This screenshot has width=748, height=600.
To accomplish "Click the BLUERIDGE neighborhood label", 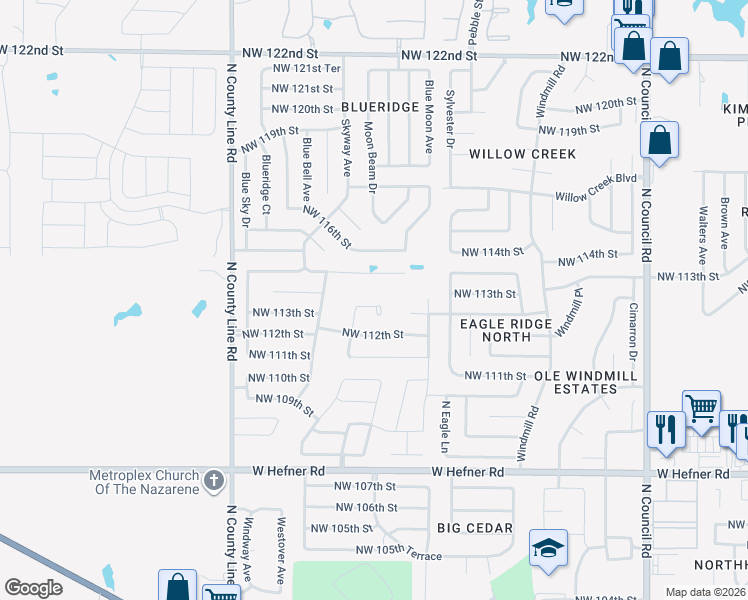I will click(378, 106).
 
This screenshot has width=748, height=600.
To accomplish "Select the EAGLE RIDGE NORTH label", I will click(506, 331).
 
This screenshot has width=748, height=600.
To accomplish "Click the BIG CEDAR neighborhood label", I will click(475, 527).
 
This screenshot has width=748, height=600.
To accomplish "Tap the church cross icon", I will click(212, 482).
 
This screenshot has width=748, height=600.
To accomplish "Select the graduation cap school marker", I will click(548, 548).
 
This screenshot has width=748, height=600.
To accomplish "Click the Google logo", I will click(33, 587).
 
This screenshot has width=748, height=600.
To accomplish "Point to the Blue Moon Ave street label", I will click(428, 116).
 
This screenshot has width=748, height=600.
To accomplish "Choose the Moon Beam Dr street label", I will click(369, 156).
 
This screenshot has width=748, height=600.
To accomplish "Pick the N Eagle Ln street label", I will click(446, 425).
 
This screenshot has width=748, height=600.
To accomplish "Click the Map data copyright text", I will click(704, 592).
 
